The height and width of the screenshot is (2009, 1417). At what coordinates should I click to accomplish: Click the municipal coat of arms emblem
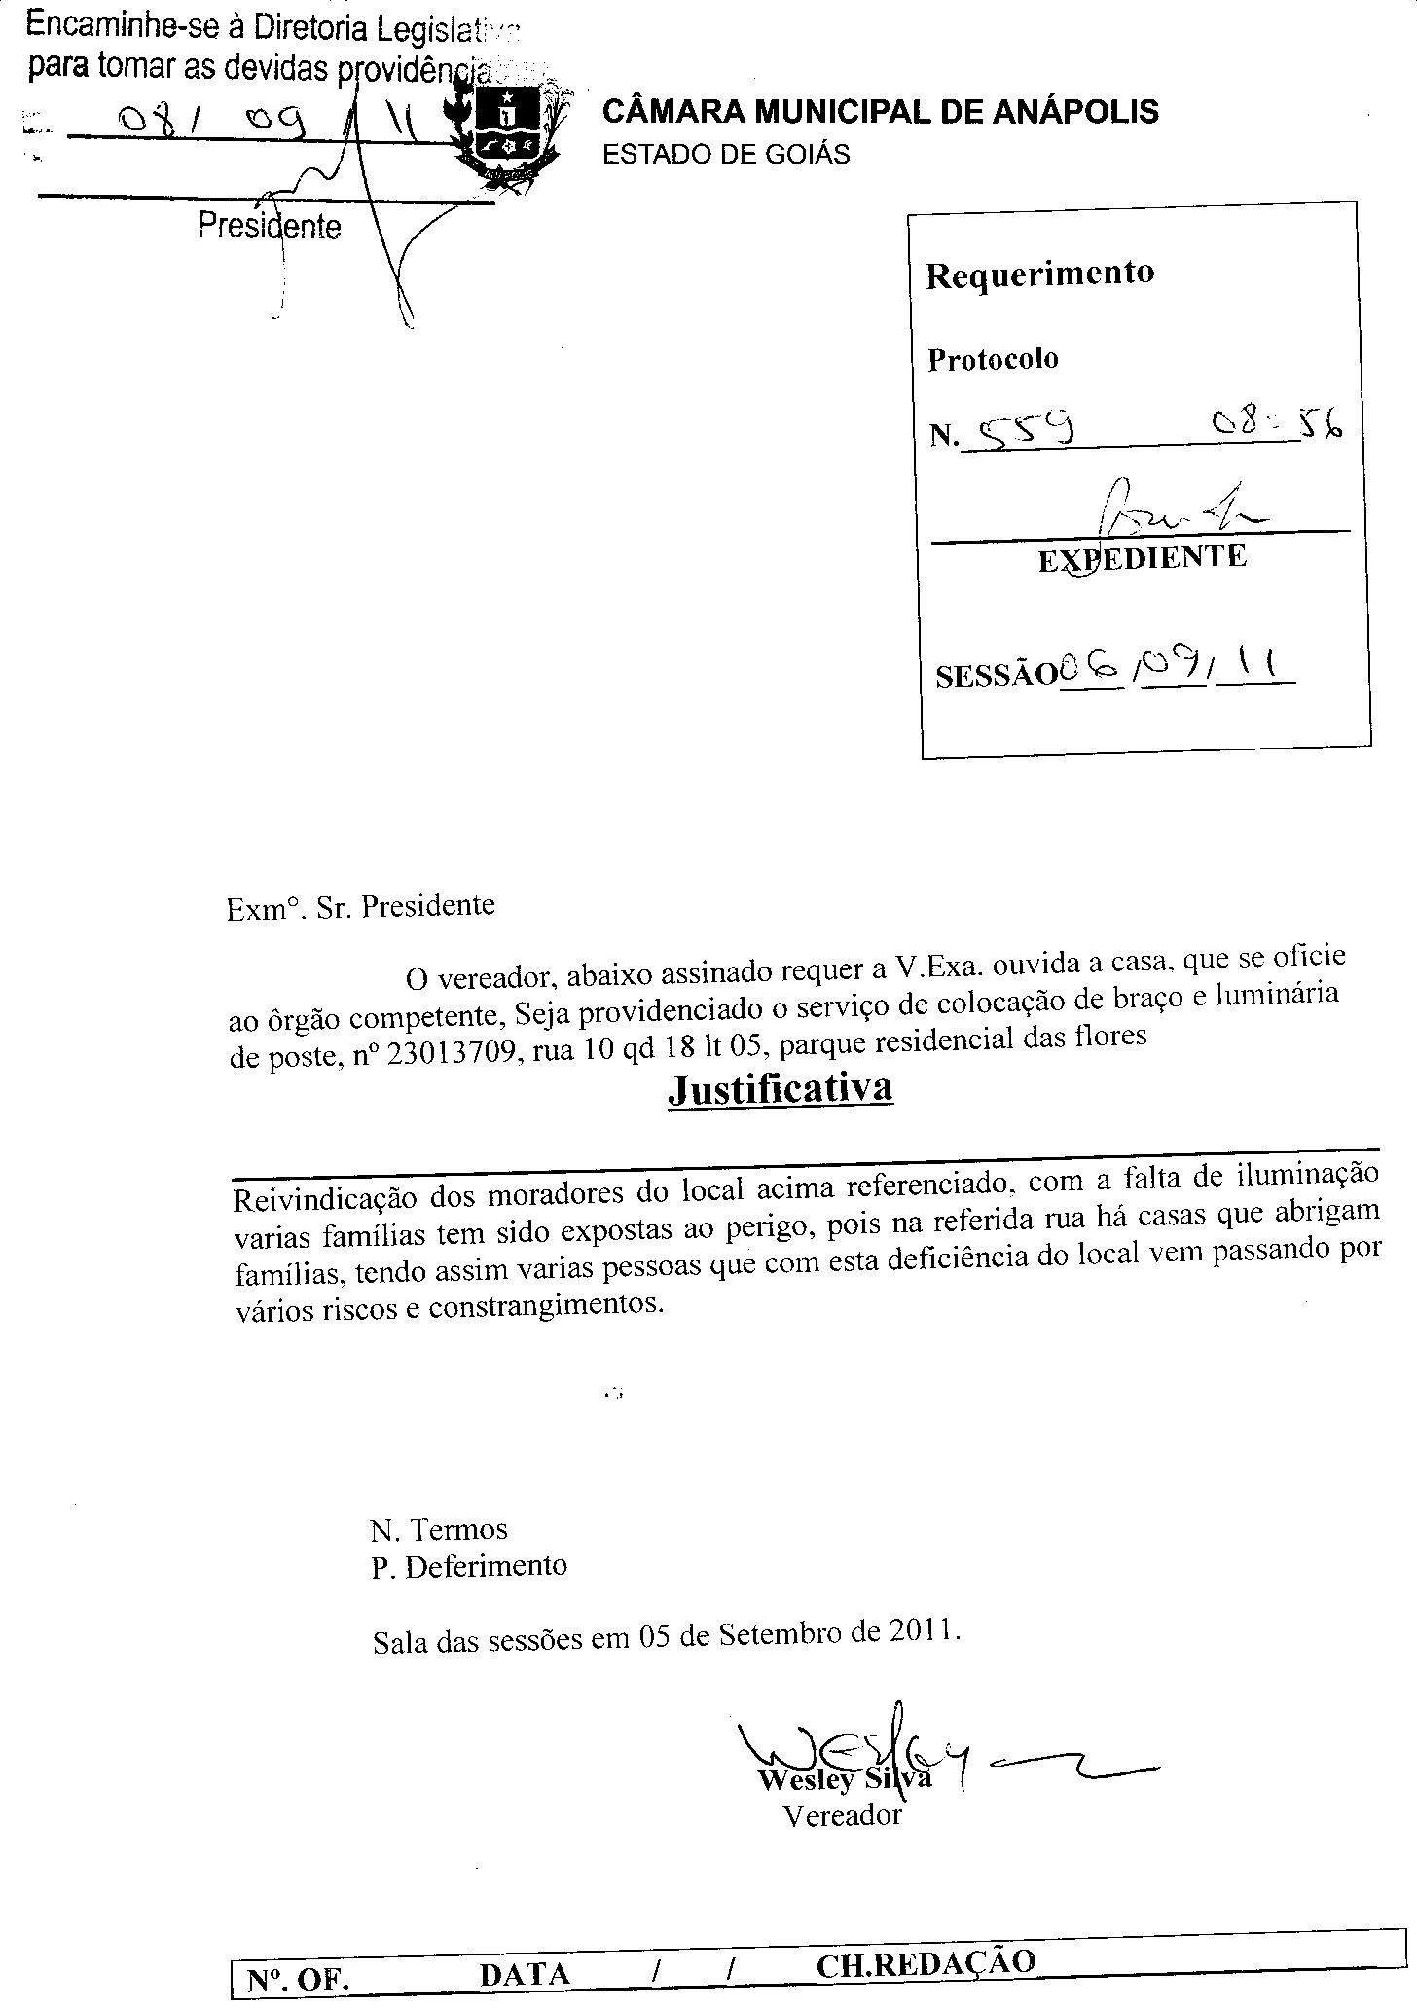click(505, 131)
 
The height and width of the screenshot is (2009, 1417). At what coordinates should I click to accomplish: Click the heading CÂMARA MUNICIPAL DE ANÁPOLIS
click(881, 112)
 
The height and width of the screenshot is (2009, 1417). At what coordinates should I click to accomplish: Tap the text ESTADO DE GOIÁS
click(726, 155)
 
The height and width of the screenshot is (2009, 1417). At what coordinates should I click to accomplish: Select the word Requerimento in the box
click(1039, 274)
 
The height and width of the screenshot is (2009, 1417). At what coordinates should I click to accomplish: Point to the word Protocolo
click(992, 359)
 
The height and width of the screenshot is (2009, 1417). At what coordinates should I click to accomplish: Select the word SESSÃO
click(996, 676)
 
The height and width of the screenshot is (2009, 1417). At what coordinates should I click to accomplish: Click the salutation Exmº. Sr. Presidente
click(360, 907)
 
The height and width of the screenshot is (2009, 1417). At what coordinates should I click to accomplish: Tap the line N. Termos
click(439, 1529)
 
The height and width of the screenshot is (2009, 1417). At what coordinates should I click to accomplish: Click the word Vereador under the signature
click(843, 1815)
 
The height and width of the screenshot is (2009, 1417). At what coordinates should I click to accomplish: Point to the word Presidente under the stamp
click(270, 227)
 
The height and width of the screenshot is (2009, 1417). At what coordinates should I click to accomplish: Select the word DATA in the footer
click(525, 1974)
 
